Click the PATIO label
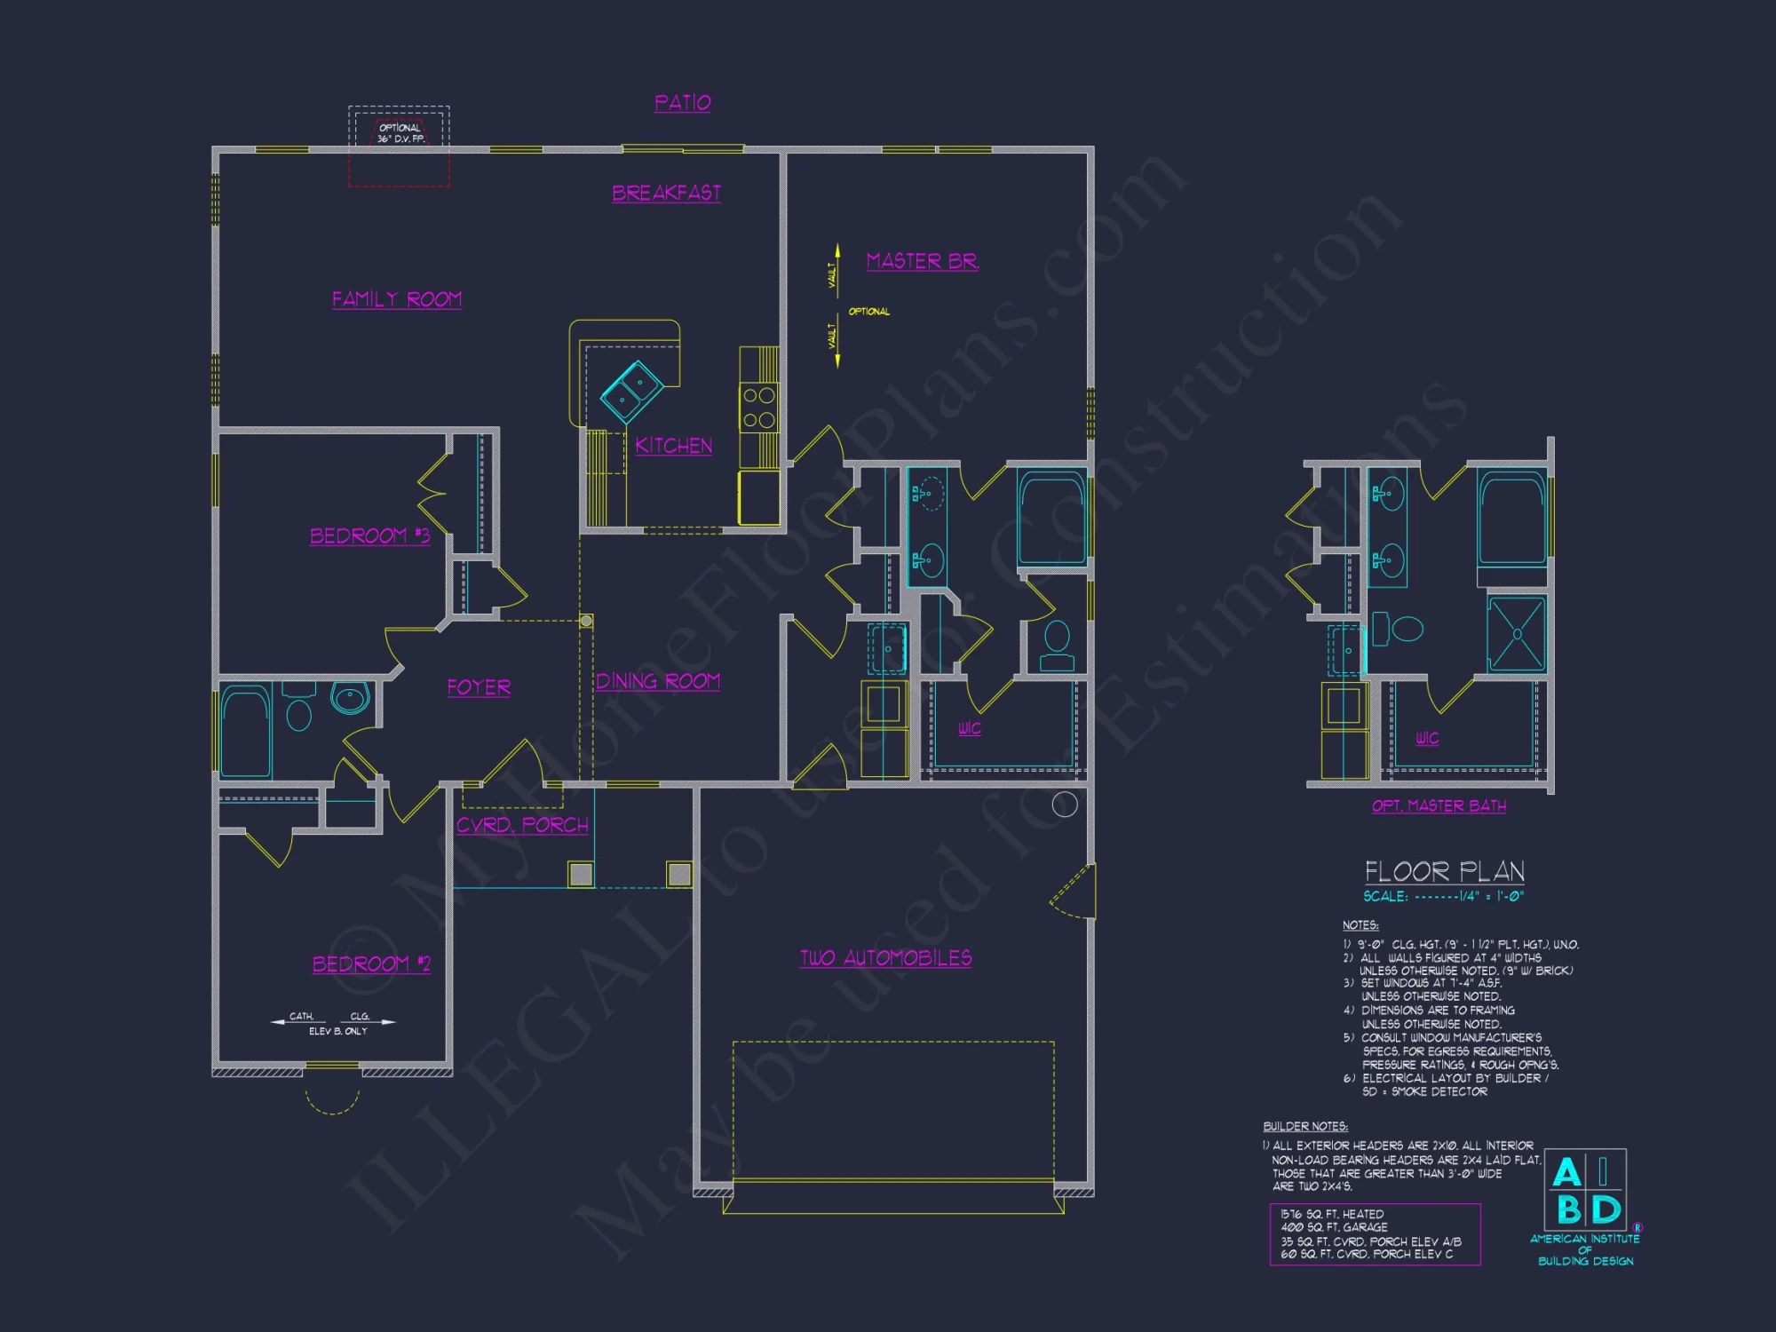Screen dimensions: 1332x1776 [682, 103]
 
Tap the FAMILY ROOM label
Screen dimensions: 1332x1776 [396, 299]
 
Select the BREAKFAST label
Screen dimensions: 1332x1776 [666, 193]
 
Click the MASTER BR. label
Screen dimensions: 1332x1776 [922, 261]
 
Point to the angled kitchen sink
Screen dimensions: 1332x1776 [631, 391]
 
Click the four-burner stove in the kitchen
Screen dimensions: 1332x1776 [759, 408]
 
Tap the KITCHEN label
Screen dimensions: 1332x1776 [673, 446]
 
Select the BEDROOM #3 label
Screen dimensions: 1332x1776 [369, 535]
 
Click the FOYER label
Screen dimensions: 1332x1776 [479, 687]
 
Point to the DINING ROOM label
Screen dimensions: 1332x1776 [657, 681]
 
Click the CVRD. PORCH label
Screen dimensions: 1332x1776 [522, 825]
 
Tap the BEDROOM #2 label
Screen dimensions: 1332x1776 [371, 963]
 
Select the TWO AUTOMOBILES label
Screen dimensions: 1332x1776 [885, 958]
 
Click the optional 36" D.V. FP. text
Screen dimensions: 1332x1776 [400, 133]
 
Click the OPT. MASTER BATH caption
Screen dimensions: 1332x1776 [1439, 805]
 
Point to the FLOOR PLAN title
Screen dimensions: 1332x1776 [1444, 871]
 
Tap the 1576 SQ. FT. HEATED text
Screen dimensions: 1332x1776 [1332, 1214]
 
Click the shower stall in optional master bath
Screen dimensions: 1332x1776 [1517, 634]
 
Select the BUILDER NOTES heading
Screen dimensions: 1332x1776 [1305, 1126]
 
